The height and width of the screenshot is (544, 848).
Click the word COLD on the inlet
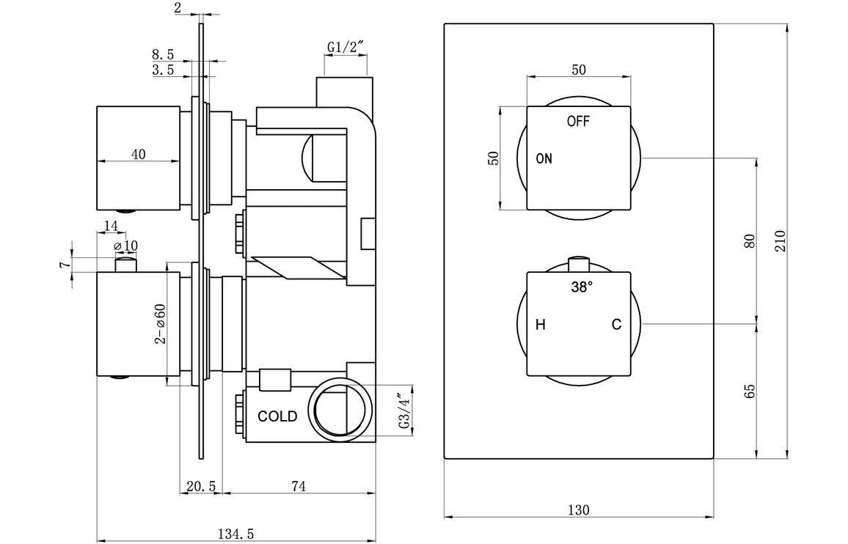[x=277, y=416]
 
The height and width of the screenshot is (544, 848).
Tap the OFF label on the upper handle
[x=578, y=122]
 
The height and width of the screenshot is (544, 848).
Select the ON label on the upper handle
[x=544, y=158]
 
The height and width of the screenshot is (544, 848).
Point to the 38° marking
[x=581, y=288]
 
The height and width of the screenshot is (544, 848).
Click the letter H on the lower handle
[x=541, y=325]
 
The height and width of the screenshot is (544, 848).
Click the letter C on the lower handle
[x=617, y=325]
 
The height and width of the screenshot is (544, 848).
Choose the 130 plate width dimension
[x=579, y=510]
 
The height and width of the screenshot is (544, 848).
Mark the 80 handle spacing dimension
[x=750, y=240]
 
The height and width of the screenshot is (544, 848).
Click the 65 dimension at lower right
[x=750, y=391]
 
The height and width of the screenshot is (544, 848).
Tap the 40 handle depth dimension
[x=138, y=154]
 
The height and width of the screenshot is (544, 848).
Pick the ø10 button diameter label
[x=125, y=244]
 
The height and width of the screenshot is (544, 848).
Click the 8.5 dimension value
[x=163, y=54]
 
